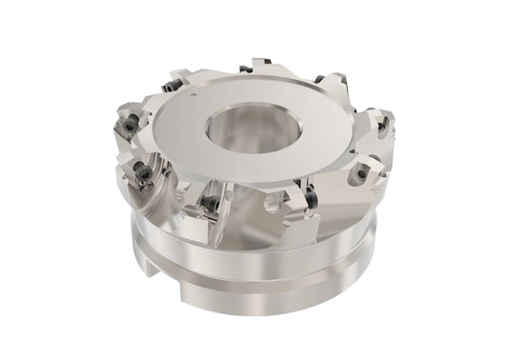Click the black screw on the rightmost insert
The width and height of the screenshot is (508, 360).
(x=384, y=121)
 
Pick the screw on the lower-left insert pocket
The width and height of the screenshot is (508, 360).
(x=143, y=173)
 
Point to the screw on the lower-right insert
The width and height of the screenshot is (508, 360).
(x=363, y=174)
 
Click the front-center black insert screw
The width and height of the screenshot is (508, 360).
(x=211, y=203)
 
